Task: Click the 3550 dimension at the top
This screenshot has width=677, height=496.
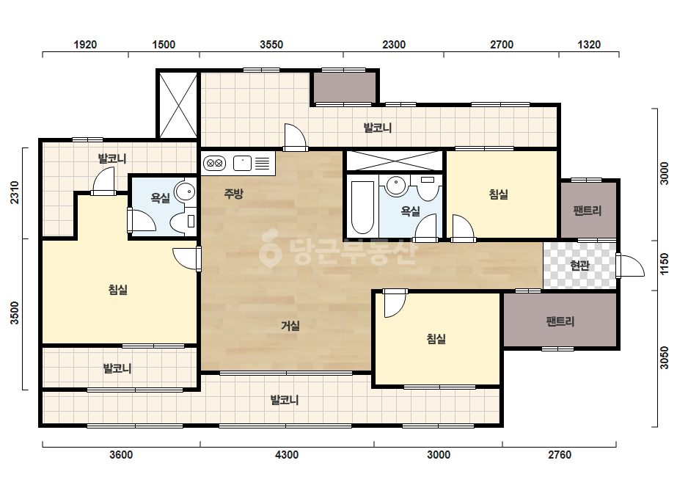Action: pos(271,45)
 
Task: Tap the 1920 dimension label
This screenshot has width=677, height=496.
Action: pos(85,45)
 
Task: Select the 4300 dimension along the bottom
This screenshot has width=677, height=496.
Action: pos(287,454)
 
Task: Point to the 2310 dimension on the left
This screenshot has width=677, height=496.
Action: pos(15,193)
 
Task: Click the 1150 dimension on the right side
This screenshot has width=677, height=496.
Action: pos(664,263)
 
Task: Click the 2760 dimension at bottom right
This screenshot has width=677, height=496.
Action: pos(560,454)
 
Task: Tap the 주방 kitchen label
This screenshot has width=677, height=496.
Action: pos(233,194)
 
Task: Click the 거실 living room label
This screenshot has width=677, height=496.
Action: pos(290,325)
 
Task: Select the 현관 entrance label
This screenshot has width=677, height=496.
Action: pos(579,266)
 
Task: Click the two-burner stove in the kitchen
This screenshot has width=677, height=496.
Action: pos(215,164)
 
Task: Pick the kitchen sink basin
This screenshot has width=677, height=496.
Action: pos(242,164)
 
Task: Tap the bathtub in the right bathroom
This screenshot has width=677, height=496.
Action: pos(362,208)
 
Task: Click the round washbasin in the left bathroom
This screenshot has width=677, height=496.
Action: pos(186,192)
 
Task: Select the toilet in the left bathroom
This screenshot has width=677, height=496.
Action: pos(183,222)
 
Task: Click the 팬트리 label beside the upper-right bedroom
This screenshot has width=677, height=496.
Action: pos(588,211)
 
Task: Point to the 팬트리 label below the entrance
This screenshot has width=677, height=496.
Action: pos(560,321)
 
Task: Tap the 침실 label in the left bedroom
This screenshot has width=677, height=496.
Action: pos(118,289)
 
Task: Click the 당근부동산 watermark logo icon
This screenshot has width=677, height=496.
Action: pos(270,248)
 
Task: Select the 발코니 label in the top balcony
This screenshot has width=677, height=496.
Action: pos(377,128)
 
